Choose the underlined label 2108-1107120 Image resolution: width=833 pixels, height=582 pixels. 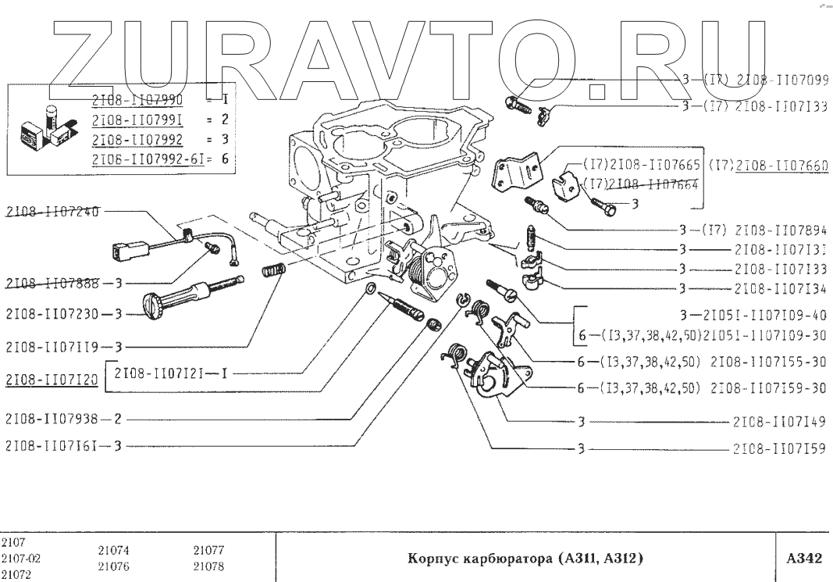pos(52,380)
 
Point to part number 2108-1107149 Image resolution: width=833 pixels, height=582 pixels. pos(781,422)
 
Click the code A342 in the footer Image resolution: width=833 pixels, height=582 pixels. pos(803,559)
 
